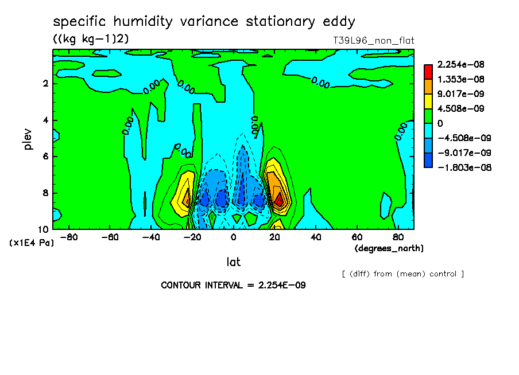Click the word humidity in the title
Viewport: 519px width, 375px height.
point(142,22)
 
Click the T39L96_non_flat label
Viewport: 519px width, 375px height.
point(373,41)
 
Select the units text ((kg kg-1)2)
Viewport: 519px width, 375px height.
point(91,38)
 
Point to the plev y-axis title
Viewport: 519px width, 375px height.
point(28,139)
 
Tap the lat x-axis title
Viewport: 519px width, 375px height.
point(233,262)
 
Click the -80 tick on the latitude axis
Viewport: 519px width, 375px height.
point(69,237)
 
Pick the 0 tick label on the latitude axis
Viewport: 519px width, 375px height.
point(233,237)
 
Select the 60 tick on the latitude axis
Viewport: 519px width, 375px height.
point(357,237)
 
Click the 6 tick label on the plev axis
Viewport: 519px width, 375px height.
point(46,157)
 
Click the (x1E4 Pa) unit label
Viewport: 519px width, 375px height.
point(32,243)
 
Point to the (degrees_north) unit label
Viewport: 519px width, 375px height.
point(389,248)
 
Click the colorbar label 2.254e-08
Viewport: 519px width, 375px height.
point(461,64)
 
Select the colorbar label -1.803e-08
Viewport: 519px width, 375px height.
point(464,167)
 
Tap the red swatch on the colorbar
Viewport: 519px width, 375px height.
point(428,72)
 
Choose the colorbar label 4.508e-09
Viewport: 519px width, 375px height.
point(461,109)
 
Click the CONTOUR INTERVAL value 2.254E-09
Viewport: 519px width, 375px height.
point(282,286)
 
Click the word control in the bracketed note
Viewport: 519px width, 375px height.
point(443,274)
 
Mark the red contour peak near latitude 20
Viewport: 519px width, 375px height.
point(280,200)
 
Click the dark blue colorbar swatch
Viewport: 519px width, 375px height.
point(428,160)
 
